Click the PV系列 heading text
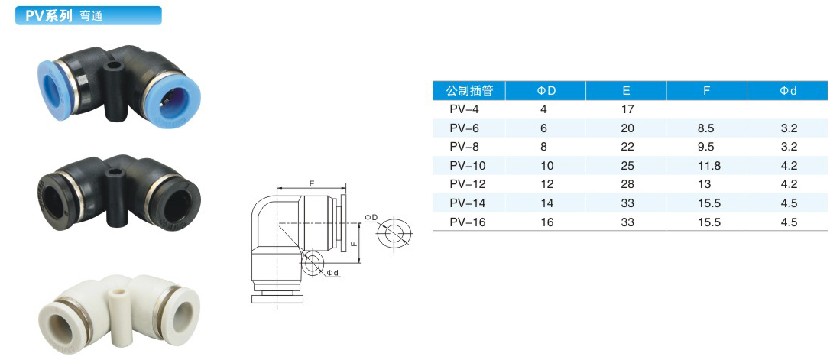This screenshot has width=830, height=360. tap(48, 15)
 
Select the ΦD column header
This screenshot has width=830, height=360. tap(546, 90)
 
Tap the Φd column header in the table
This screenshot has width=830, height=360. tap(788, 90)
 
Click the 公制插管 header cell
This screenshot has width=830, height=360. tap(469, 90)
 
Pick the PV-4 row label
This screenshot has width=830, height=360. tap(464, 109)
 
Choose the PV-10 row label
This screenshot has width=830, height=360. tap(468, 166)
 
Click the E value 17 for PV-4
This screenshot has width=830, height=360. tap(627, 109)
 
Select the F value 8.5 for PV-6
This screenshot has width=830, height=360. tap(707, 128)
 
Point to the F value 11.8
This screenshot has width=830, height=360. tap(708, 166)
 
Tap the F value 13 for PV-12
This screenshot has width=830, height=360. tap(705, 185)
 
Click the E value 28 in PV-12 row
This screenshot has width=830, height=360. tap(627, 185)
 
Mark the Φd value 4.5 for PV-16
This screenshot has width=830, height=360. tap(789, 222)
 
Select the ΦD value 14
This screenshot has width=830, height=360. tap(547, 203)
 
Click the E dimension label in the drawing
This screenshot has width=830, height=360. tap(313, 183)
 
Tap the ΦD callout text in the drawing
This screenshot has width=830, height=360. tap(371, 218)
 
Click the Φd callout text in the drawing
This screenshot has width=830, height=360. tap(332, 273)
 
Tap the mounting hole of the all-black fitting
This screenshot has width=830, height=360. tap(115, 173)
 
